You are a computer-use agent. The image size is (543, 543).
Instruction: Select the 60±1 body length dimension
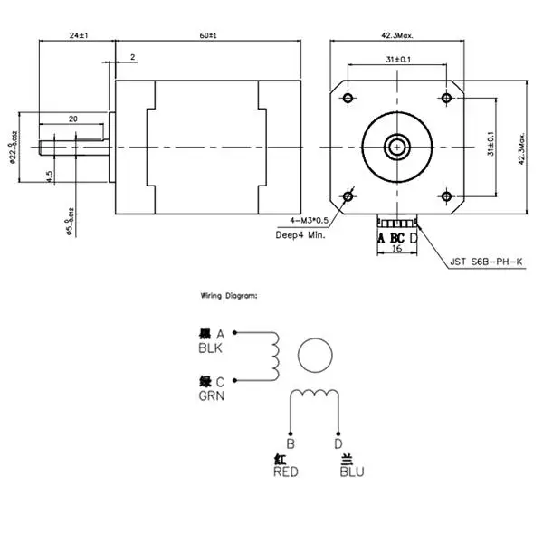[x=207, y=35]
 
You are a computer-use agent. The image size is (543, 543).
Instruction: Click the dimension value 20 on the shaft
[x=72, y=119]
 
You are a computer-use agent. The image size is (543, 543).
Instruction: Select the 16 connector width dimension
[x=397, y=248]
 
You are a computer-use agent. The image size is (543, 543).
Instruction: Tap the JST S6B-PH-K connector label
[x=487, y=264]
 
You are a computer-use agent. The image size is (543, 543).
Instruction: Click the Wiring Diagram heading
[x=229, y=296]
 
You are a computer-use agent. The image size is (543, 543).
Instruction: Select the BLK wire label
[x=209, y=348]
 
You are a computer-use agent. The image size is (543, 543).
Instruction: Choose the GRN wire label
[x=209, y=395]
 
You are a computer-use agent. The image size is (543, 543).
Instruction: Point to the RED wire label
[x=286, y=472]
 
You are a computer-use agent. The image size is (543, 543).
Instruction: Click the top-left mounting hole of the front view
[x=348, y=97]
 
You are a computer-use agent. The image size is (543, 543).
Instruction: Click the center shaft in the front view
[x=396, y=146]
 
